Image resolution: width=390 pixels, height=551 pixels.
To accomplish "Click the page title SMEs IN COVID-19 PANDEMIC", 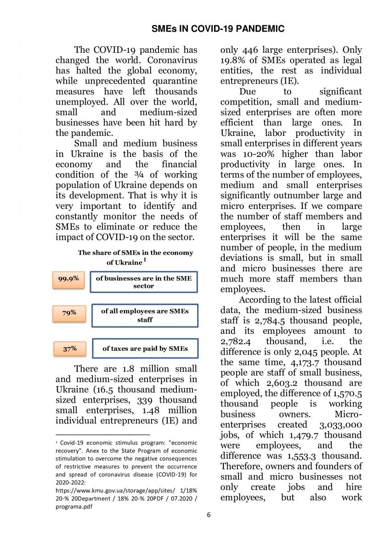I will click(218, 29).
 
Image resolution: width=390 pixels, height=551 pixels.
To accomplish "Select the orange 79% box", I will click(69, 313).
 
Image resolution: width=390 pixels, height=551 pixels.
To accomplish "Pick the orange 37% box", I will click(69, 349).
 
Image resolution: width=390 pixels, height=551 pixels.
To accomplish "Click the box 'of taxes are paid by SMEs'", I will click(145, 349).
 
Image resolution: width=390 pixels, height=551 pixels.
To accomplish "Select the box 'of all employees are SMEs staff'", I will click(145, 315).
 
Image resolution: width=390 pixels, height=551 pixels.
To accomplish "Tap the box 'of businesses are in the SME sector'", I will click(143, 282).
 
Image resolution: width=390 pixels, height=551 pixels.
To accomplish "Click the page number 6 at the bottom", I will click(209, 515).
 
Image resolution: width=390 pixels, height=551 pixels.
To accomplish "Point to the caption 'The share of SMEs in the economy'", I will click(136, 253).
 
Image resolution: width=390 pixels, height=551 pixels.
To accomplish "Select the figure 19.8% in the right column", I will click(233, 61).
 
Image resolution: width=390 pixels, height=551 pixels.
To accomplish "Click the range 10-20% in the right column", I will click(259, 154).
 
